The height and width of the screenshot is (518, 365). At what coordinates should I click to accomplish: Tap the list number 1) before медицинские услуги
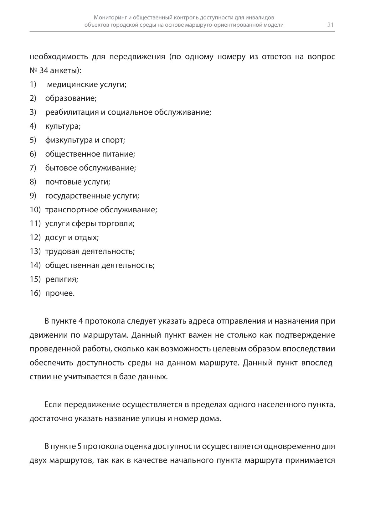click(33, 85)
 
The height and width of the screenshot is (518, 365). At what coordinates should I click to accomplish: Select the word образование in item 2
click(70, 98)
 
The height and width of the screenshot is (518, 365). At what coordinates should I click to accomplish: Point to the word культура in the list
click(62, 126)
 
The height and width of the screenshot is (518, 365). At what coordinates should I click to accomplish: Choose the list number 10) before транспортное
click(35, 210)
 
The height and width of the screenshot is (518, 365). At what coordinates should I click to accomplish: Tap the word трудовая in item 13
click(62, 251)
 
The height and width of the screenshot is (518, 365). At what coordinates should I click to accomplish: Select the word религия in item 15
click(61, 279)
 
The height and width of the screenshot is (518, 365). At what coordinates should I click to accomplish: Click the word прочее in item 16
click(59, 293)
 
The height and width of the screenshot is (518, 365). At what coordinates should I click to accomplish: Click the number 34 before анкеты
click(44, 71)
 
